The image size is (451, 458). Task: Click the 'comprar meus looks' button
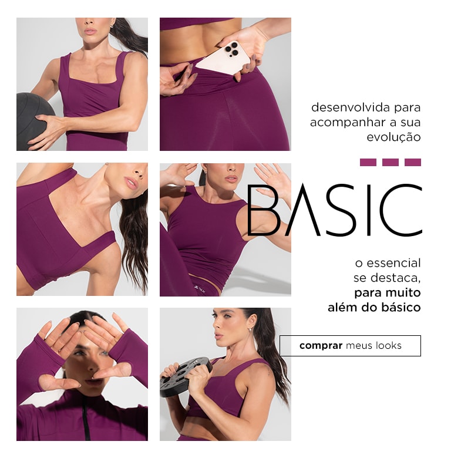[350, 346]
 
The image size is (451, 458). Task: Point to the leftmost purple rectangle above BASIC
[368, 162]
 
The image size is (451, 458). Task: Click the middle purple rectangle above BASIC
[391, 162]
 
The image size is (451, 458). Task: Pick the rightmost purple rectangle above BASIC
[413, 162]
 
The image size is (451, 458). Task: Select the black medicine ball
[32, 120]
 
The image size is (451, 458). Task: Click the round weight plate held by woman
[184, 376]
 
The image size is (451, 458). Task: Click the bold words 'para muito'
[387, 292]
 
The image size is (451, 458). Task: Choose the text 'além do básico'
[374, 307]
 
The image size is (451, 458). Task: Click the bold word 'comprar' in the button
[321, 345]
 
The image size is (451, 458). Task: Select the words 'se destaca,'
[387, 278]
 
